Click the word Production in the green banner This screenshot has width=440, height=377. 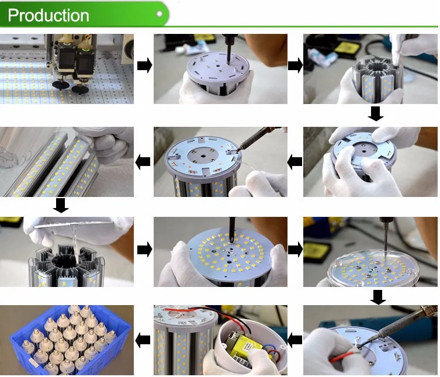[x=48, y=15]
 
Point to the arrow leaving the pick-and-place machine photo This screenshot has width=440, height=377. [x=144, y=66]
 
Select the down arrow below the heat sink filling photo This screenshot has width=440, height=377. [x=376, y=114]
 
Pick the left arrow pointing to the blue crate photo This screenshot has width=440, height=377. [x=143, y=340]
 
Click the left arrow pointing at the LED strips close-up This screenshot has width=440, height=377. [x=143, y=162]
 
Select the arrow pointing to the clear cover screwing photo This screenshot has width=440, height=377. [x=295, y=250]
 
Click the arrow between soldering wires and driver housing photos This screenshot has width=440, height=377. [x=295, y=340]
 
